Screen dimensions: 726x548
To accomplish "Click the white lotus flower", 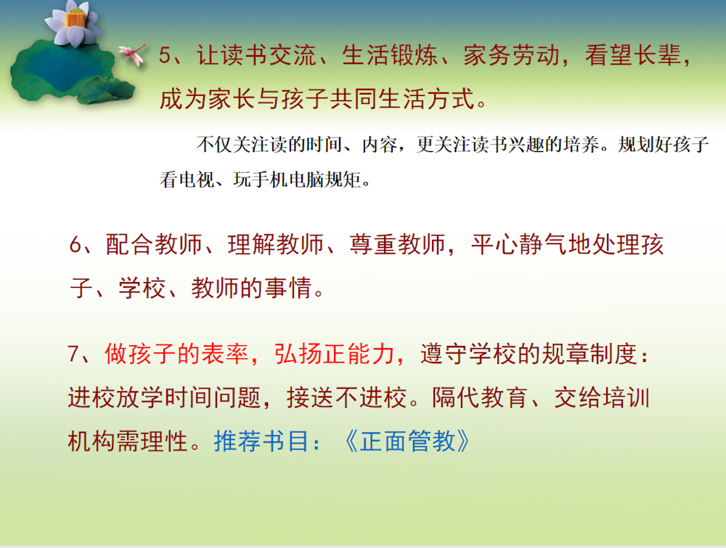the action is pos(73,23).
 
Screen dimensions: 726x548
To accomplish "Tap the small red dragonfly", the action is pos(133,54).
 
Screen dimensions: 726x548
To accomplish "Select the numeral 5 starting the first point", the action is pos(165,55).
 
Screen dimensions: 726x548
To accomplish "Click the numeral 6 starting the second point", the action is pos(76,244).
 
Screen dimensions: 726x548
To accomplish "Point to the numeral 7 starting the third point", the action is pos(73,354).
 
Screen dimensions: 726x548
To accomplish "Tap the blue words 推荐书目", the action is pos(261,441).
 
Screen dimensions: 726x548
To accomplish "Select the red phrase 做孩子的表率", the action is pos(176,354).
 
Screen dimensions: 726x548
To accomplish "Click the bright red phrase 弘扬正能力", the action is pos(334,354).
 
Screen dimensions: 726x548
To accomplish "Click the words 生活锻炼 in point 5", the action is pos(390,55).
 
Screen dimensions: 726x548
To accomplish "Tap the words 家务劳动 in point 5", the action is pos(512,55).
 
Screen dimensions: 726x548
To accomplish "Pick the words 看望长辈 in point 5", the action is pos(633,55).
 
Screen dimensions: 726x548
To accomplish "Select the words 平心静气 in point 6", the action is pos(520,244).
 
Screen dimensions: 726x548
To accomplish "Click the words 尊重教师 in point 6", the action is pos(397,244).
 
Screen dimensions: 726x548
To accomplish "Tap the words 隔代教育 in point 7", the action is pos(480,398).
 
